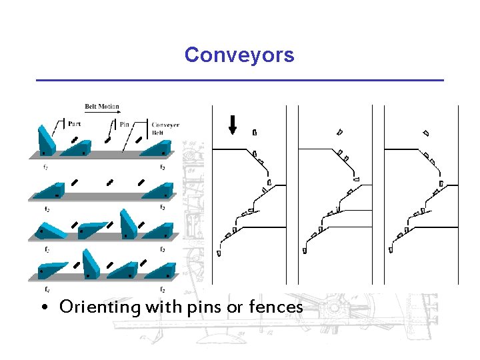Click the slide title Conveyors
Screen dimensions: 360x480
(x=239, y=55)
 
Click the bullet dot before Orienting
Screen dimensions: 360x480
(x=43, y=309)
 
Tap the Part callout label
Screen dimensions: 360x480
(x=75, y=123)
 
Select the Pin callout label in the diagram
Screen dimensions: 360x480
(x=125, y=124)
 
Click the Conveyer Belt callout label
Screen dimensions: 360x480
(x=165, y=128)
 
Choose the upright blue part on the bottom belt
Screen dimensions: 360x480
(x=91, y=265)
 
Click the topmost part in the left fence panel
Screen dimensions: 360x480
(x=255, y=132)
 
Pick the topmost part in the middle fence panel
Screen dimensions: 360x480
(x=340, y=131)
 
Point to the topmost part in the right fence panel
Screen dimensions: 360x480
(x=426, y=133)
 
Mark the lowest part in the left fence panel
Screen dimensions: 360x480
(x=219, y=253)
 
